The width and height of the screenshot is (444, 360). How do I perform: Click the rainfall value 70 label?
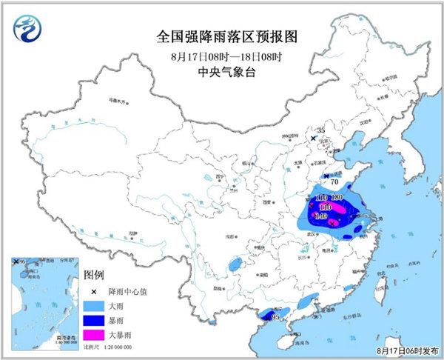[334, 180]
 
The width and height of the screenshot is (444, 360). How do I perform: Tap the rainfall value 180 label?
[337, 197]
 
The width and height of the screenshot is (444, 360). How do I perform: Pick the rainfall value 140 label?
[321, 216]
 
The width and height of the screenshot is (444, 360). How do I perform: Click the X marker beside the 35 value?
[313, 138]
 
